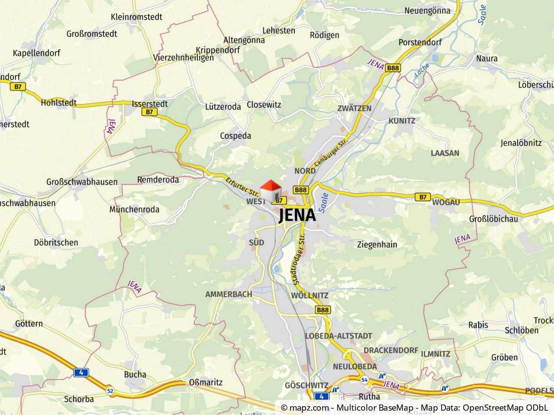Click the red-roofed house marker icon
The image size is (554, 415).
270,190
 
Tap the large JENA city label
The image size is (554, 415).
297,215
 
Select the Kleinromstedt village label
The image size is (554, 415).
136,17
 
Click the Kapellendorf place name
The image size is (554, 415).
37,53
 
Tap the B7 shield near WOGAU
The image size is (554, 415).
422,197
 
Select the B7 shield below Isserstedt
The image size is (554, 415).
149,112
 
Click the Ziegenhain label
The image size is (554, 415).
377,245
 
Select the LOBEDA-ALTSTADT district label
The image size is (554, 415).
338,336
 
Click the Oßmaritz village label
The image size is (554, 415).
205,382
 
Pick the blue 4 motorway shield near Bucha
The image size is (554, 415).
81,373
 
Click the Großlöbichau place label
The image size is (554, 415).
493,219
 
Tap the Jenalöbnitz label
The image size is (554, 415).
521,143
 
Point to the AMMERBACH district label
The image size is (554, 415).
229,294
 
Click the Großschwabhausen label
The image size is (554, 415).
82,182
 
